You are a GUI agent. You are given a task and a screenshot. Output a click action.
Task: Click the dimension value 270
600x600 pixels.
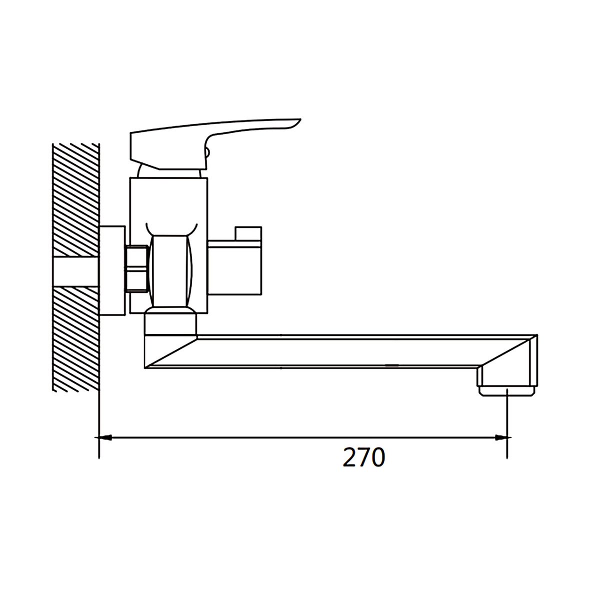point(364,457)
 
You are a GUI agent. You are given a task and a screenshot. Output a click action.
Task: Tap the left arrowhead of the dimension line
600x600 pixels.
point(105,437)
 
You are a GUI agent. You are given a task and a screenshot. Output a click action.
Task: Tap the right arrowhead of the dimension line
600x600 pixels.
point(501,437)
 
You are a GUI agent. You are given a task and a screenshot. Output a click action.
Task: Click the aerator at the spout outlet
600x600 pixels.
point(507,390)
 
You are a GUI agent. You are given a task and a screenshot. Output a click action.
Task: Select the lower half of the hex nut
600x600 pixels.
point(136,280)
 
